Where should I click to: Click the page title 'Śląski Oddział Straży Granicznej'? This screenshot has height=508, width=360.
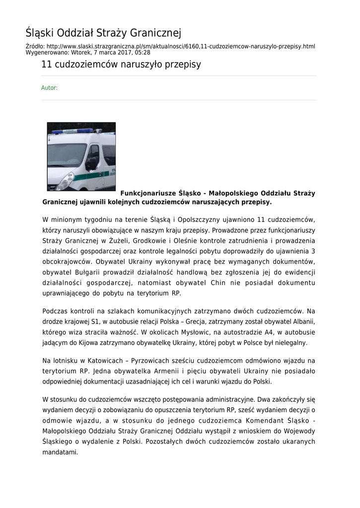103,33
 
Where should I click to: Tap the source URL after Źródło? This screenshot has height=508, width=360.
181,46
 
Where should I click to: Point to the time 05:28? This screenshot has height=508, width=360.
142,52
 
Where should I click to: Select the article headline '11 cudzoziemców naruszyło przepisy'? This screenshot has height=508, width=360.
121,65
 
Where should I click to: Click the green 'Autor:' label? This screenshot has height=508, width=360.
49,88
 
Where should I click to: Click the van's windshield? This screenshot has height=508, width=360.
66,154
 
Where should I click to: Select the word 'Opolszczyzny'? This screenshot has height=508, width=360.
201,219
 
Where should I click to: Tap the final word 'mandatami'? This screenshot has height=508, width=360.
60,452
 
